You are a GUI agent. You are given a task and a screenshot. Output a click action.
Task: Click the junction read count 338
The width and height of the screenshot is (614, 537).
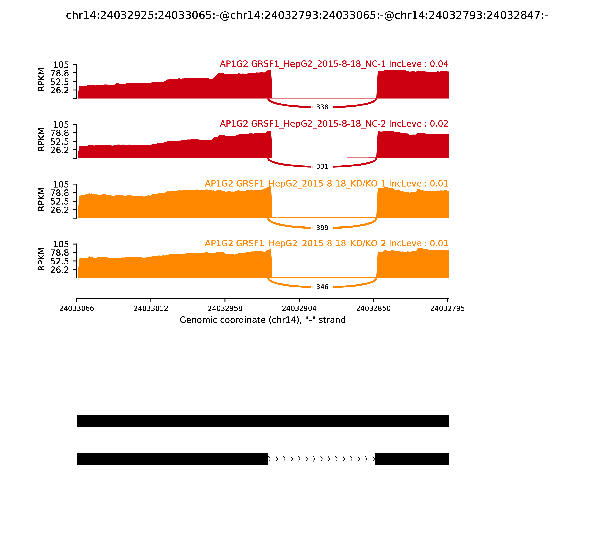pyautogui.click(x=322, y=107)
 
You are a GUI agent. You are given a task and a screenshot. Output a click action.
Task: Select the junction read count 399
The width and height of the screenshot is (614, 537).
pyautogui.click(x=322, y=228)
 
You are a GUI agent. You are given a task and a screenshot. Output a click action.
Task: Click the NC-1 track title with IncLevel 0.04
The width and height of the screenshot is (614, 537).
pyautogui.click(x=334, y=64)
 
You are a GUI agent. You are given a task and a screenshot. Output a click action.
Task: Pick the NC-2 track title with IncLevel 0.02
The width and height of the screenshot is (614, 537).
pyautogui.click(x=334, y=124)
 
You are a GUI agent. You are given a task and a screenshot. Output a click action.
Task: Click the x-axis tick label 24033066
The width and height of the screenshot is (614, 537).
pyautogui.click(x=77, y=308)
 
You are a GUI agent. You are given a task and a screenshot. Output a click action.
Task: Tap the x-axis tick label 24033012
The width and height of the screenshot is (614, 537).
pyautogui.click(x=151, y=308)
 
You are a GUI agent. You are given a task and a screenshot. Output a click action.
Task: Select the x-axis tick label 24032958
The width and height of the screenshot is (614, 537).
pyautogui.click(x=225, y=308)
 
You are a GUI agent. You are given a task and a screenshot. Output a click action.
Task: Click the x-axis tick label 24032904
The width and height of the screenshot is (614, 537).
pyautogui.click(x=299, y=308)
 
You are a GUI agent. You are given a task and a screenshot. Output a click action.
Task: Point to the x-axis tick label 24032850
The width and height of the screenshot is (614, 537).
pyautogui.click(x=373, y=308)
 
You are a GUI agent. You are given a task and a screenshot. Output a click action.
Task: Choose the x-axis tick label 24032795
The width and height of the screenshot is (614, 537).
pyautogui.click(x=447, y=308)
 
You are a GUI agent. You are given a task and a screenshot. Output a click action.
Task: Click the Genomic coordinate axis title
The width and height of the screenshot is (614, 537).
pyautogui.click(x=263, y=320)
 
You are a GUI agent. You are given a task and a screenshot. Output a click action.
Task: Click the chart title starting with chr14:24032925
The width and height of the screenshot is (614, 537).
pyautogui.click(x=307, y=15)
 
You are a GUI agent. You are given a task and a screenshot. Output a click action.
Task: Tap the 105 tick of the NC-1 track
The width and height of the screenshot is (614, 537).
pyautogui.click(x=61, y=65)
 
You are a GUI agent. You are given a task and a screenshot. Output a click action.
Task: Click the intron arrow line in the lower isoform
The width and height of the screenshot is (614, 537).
pyautogui.click(x=321, y=459)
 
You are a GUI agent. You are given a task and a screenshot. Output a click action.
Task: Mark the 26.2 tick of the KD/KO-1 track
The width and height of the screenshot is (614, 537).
pyautogui.click(x=60, y=210)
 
